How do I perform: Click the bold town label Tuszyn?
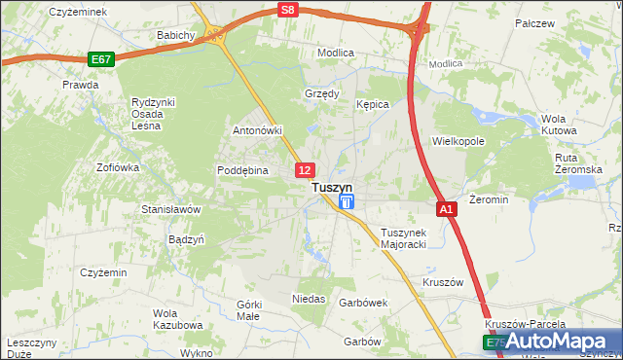331,186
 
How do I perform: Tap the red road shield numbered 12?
305,170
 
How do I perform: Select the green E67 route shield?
100,59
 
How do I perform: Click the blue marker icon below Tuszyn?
347,202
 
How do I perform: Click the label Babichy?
177,35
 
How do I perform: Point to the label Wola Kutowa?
553,124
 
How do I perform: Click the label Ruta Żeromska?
578,163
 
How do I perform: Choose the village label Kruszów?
442,282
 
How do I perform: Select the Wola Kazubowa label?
177,319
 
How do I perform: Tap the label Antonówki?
257,129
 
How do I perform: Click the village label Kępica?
373,103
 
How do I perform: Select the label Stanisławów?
170,209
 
